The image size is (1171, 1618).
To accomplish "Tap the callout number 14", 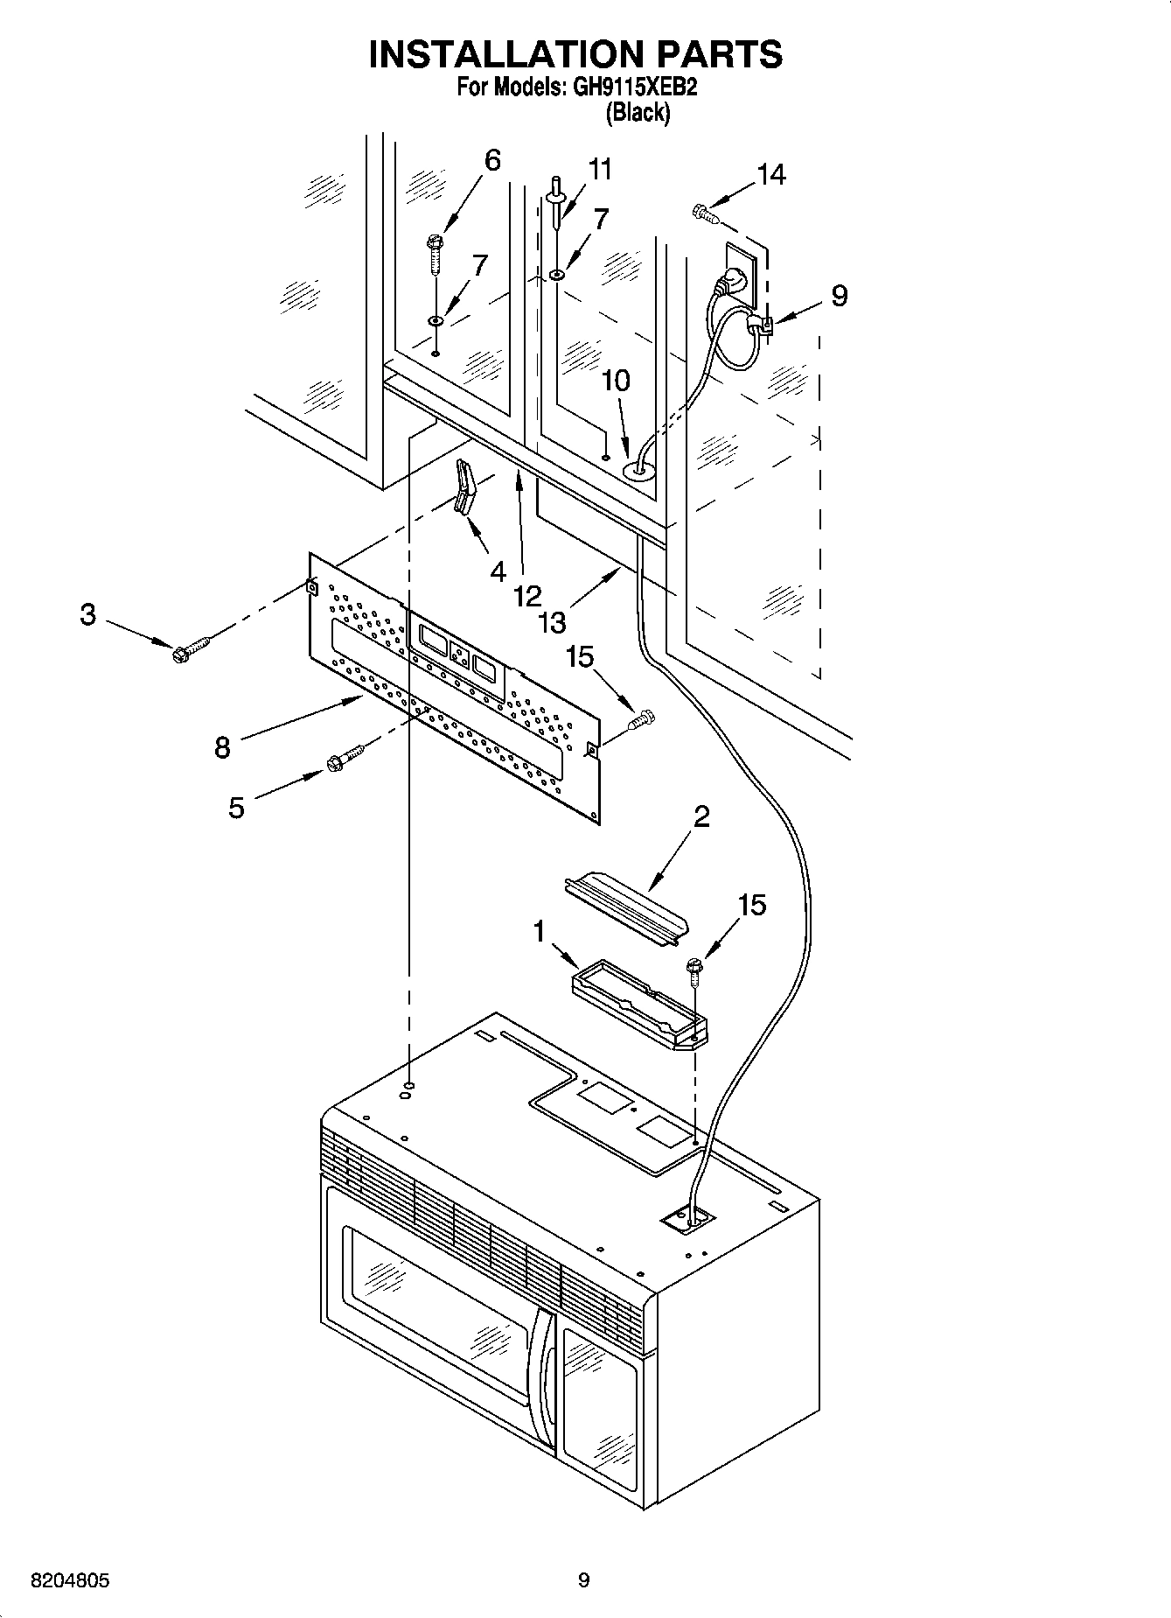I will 771,175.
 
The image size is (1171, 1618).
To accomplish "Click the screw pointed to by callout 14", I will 705,210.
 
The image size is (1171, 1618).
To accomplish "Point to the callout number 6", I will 492,160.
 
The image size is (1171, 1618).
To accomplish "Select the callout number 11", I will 600,169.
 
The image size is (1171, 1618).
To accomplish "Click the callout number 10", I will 616,381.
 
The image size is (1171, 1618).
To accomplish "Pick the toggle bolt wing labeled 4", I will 464,490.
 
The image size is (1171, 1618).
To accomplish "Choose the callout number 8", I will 222,747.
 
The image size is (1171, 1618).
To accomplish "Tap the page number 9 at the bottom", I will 584,1580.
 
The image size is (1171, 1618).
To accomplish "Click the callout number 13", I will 553,622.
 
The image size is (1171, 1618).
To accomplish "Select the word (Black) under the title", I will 638,112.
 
